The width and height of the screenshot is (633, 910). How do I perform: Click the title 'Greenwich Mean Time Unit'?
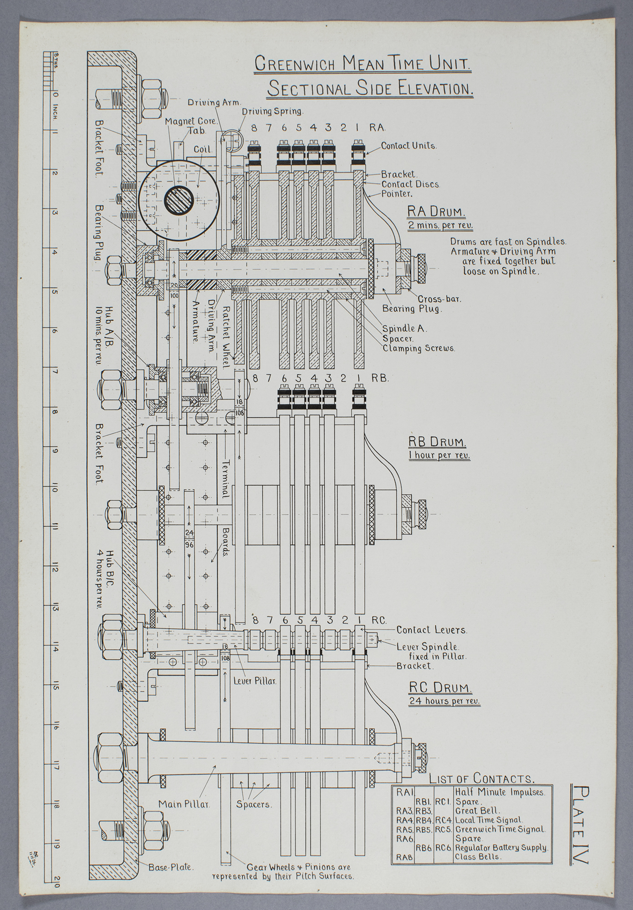[362, 64]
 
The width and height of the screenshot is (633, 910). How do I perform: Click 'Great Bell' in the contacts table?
[477, 810]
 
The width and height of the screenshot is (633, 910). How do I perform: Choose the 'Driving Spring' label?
[272, 111]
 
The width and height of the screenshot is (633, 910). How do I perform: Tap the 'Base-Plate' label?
[171, 867]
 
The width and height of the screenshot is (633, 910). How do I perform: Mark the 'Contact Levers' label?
[432, 630]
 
